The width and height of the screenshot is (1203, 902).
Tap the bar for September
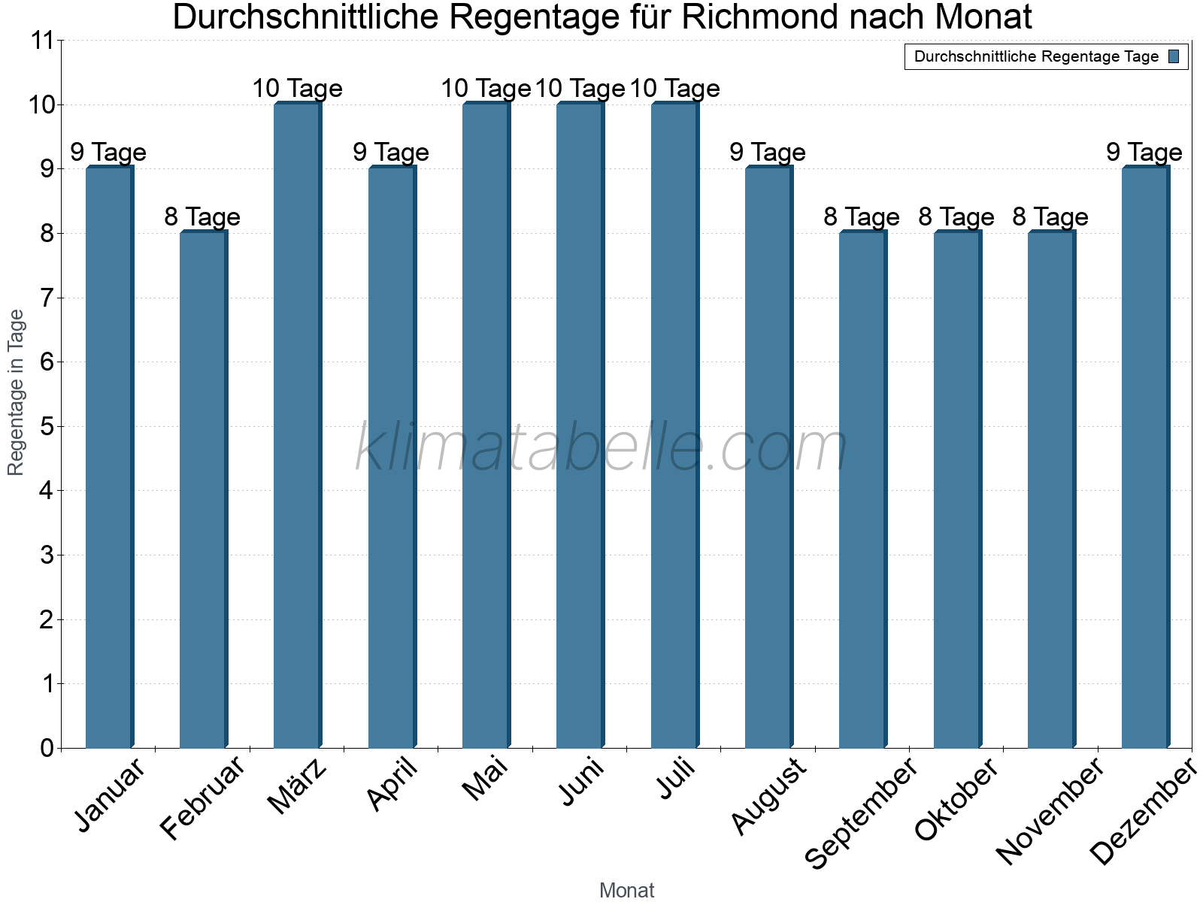tap(862, 489)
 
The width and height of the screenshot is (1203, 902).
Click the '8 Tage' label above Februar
tap(202, 217)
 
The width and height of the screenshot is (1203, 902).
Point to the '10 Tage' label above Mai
tap(486, 89)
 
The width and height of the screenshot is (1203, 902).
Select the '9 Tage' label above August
tap(768, 153)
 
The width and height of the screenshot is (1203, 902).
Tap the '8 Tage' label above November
tap(1050, 217)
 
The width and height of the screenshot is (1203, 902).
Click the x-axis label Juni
tap(582, 782)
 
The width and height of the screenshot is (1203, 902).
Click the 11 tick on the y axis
tap(44, 41)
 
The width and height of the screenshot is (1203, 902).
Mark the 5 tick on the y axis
tap(47, 427)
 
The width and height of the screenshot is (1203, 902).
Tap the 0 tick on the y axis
tap(47, 749)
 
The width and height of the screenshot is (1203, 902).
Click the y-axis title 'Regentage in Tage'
tap(17, 392)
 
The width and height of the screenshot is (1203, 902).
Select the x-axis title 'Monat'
tap(626, 891)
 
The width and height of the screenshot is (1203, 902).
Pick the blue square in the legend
tap(1174, 56)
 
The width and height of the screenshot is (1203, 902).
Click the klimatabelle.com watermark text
tap(601, 448)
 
